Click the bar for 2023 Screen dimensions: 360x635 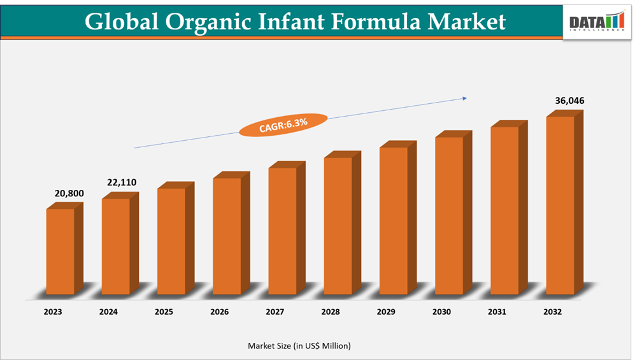(x=61, y=252)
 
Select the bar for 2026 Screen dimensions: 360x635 (x=227, y=236)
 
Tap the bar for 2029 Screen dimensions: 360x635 (x=394, y=220)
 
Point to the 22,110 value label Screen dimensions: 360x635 (x=121, y=183)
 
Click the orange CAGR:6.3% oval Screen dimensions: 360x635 (x=283, y=125)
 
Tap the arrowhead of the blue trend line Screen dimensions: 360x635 (x=464, y=98)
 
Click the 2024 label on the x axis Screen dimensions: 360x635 (x=108, y=312)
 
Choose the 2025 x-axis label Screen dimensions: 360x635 (x=164, y=312)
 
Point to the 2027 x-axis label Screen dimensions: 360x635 (x=275, y=312)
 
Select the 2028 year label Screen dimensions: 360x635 (x=331, y=312)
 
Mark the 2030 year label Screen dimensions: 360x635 (x=441, y=312)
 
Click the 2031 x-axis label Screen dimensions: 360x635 (x=497, y=312)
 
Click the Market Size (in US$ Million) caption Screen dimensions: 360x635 (x=299, y=345)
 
